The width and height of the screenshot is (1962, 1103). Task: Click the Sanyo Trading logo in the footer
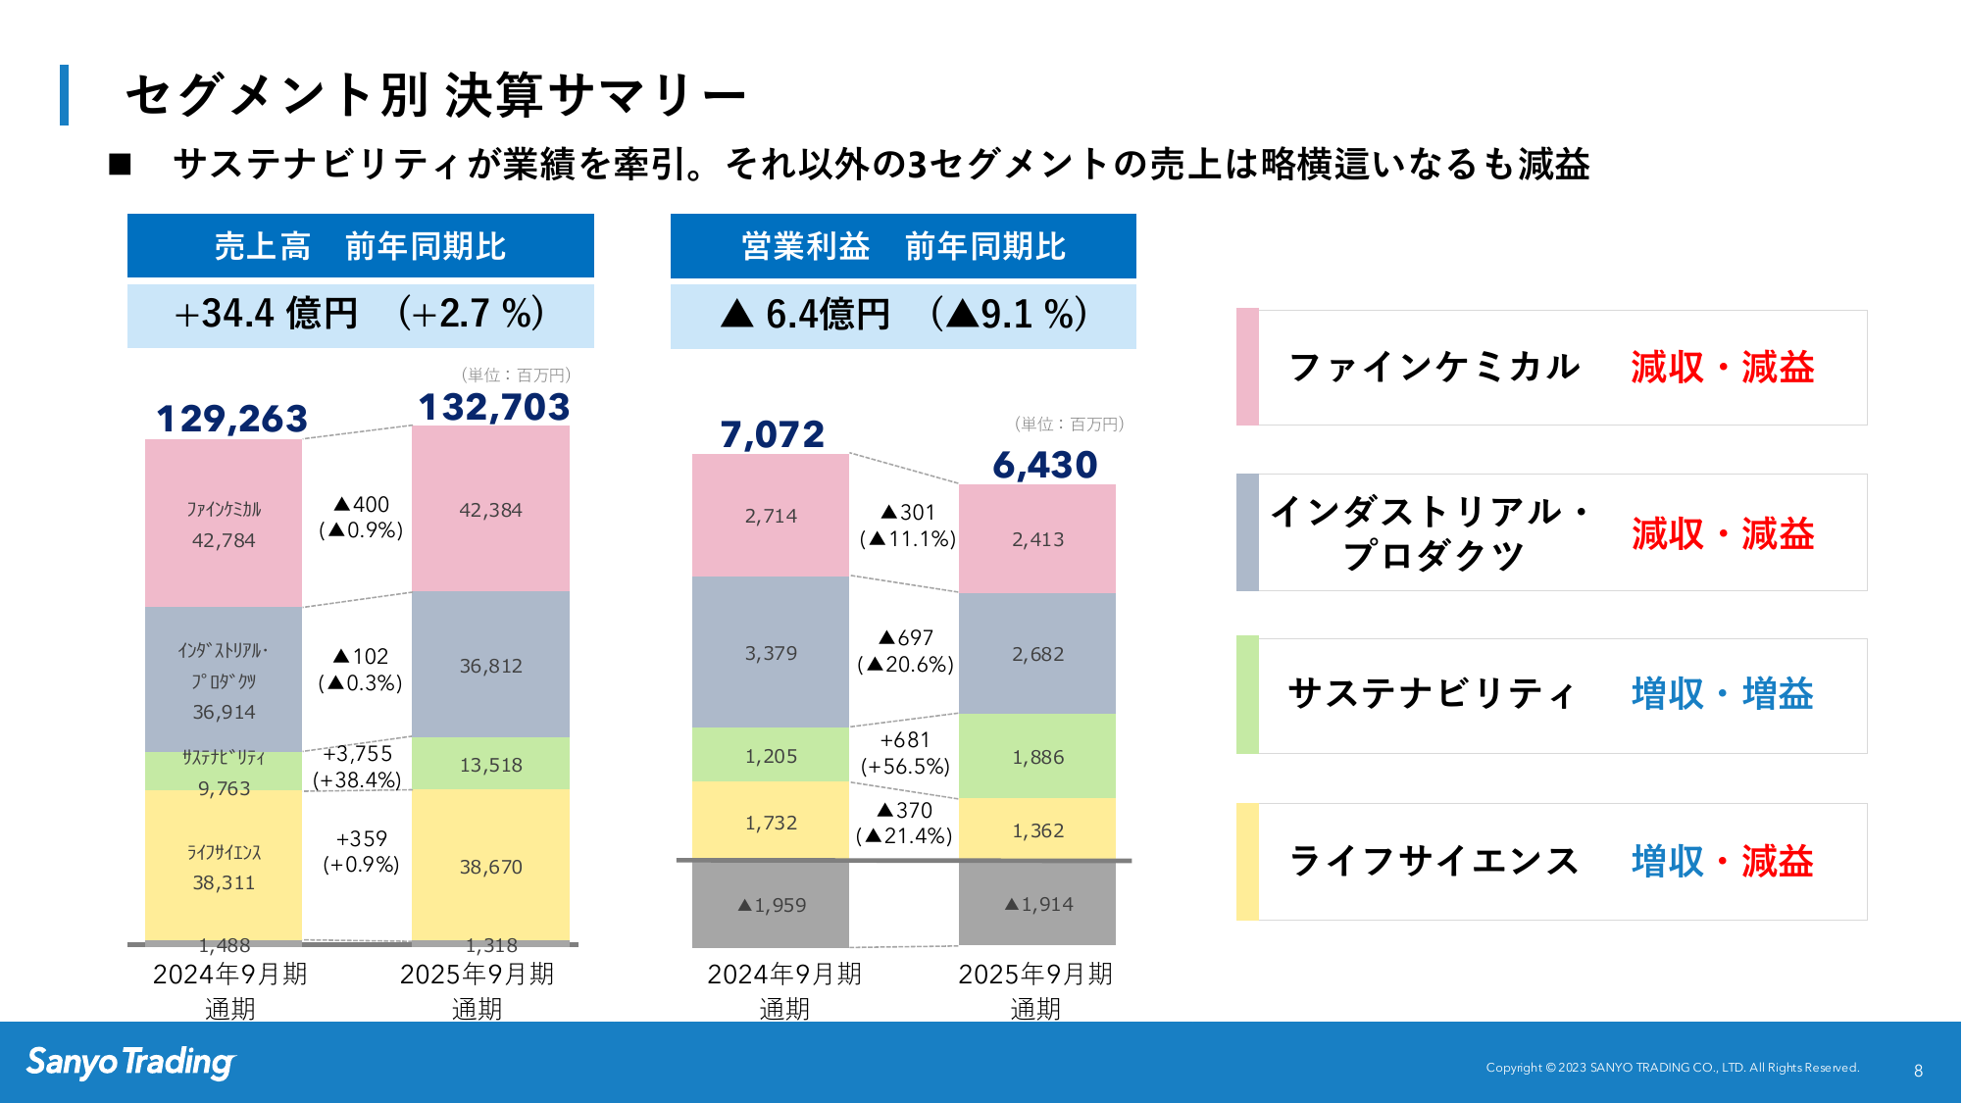(130, 1062)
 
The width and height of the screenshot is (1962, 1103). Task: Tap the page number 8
(1918, 1071)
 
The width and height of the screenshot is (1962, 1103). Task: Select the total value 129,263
(231, 419)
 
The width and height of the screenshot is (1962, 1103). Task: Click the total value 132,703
(494, 407)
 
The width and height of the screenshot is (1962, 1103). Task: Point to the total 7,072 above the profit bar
(773, 434)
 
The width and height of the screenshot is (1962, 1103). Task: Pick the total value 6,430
(1044, 465)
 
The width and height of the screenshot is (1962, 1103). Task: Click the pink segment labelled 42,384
(490, 510)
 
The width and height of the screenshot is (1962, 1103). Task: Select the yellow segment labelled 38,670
(490, 867)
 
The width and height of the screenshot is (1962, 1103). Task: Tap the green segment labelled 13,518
(490, 765)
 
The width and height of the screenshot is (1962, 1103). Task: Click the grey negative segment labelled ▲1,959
(771, 905)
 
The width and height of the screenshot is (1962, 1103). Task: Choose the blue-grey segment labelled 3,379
(771, 653)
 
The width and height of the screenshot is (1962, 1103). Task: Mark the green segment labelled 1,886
(1037, 757)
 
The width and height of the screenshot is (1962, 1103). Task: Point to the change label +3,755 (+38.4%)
(358, 767)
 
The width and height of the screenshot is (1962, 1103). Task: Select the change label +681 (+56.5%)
(904, 753)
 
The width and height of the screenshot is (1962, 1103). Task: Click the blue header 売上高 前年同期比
(360, 246)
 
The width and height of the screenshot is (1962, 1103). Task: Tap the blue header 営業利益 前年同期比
(903, 246)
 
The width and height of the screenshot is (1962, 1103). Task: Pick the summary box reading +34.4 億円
(360, 315)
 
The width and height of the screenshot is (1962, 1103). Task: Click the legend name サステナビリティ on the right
(1432, 694)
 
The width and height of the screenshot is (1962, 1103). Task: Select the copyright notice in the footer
(1672, 1068)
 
